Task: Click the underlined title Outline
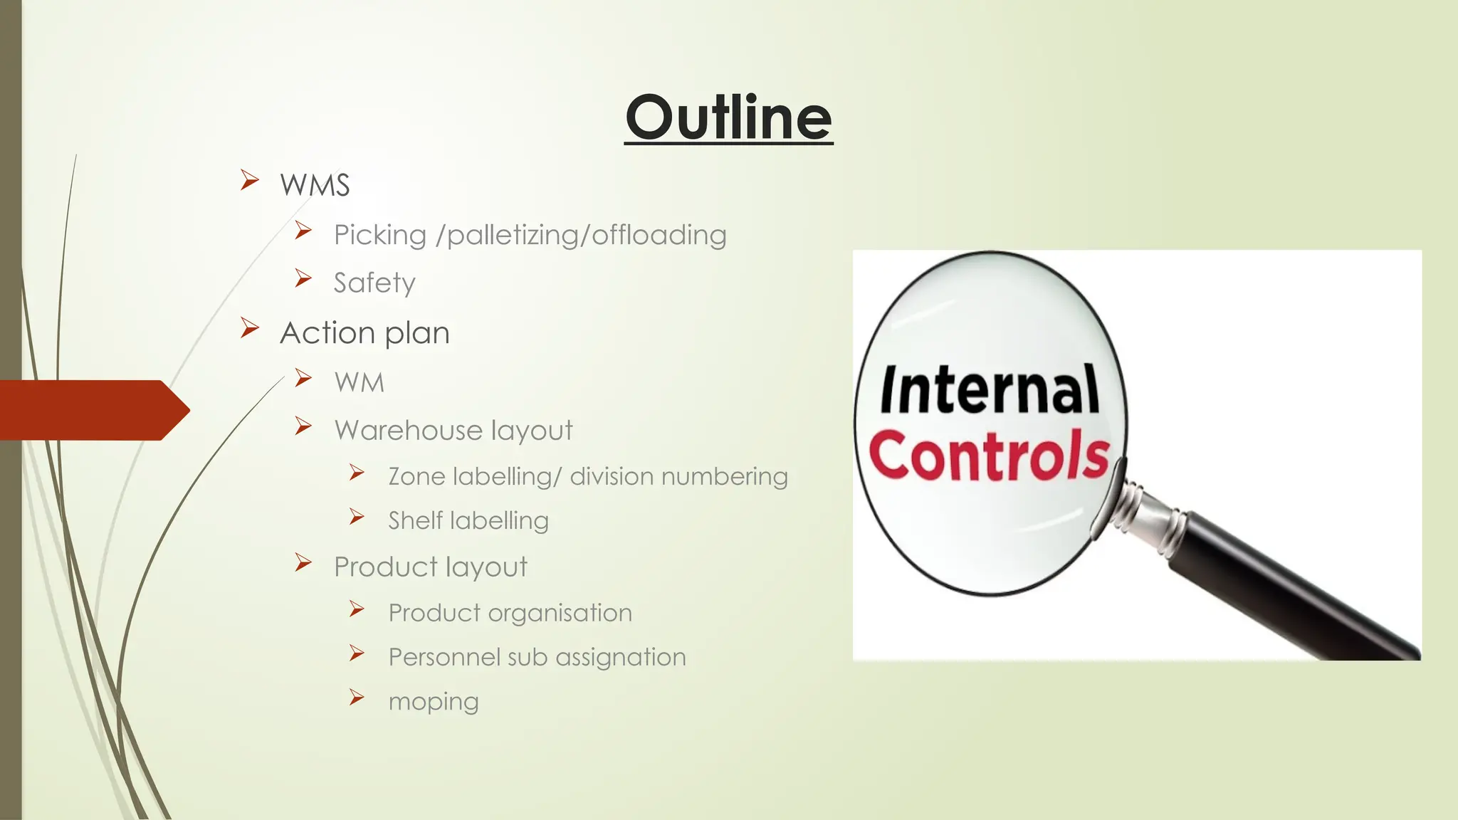tap(728, 118)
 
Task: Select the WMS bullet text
tap(315, 186)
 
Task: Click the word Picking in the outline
tap(380, 236)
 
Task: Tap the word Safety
tap(374, 283)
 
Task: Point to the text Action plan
tap(364, 333)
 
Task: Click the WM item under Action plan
tap(360, 383)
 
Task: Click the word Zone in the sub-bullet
tap(416, 477)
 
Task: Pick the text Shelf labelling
tap(468, 521)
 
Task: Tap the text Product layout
tap(431, 567)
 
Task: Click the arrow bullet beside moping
tap(357, 697)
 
